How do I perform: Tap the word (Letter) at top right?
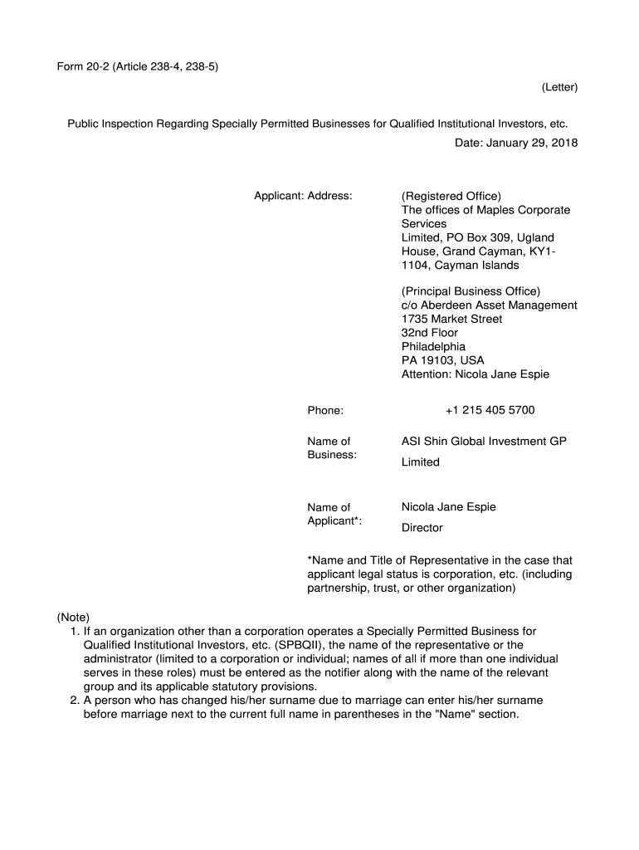559,87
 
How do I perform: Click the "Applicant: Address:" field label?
303,196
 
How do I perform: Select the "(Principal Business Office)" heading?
471,291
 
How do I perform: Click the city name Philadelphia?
433,346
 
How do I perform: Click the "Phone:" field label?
325,410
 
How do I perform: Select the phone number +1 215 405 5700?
490,410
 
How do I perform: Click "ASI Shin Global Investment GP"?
484,442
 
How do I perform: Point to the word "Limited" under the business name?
420,462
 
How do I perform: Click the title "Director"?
422,528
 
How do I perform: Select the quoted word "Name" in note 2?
422,714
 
